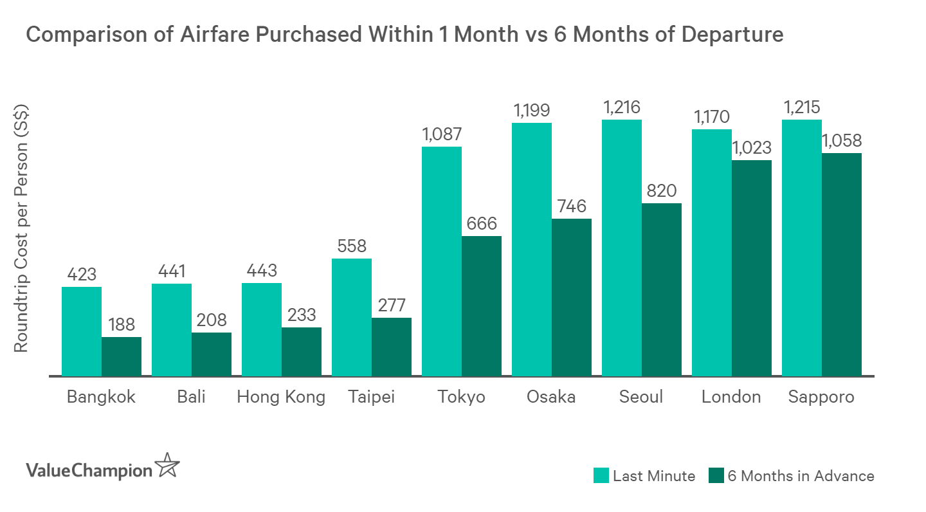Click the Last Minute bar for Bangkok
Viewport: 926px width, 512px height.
tap(82, 331)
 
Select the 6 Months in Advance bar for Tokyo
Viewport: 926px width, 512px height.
tap(481, 306)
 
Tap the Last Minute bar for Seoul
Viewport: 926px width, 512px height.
tap(622, 248)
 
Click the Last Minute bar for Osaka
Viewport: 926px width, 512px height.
tap(532, 249)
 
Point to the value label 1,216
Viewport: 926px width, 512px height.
tap(622, 107)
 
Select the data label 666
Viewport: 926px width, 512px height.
tap(481, 223)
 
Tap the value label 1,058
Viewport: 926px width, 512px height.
tap(842, 140)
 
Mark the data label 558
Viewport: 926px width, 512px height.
tap(352, 246)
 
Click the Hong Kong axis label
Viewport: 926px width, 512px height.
tap(281, 397)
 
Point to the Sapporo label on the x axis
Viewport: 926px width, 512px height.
tap(821, 397)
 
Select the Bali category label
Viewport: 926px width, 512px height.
tap(191, 397)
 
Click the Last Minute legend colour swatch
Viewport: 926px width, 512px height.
tap(601, 476)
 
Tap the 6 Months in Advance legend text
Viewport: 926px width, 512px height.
tap(800, 476)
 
